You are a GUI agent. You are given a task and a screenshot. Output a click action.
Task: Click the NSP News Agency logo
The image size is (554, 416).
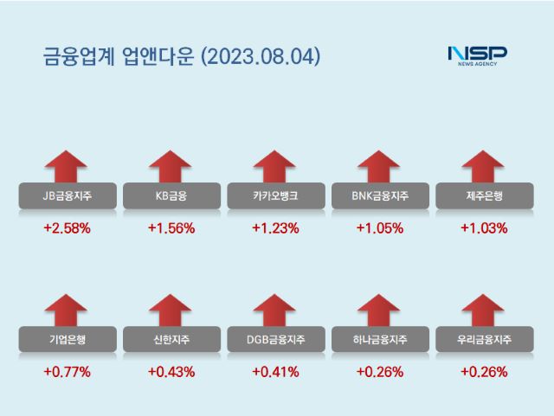click(x=477, y=54)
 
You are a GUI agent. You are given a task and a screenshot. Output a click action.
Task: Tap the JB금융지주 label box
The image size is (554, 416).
click(x=67, y=196)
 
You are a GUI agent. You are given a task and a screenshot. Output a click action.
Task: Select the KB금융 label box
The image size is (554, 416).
click(x=171, y=196)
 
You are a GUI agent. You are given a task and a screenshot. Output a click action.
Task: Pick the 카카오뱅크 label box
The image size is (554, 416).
click(x=275, y=196)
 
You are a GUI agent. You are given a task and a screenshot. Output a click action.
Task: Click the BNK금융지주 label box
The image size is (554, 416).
click(x=379, y=196)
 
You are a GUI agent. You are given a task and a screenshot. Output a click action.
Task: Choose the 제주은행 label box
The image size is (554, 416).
click(x=483, y=196)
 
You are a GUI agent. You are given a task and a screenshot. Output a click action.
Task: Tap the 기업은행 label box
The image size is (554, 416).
click(x=67, y=340)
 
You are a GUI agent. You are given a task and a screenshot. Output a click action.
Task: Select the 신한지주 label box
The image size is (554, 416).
click(x=171, y=340)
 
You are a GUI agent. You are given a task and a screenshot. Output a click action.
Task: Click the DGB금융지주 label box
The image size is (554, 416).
click(x=275, y=340)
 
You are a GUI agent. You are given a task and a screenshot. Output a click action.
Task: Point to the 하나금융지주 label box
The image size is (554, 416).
click(x=379, y=340)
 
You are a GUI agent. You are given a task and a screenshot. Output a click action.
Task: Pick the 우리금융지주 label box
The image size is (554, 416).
click(x=483, y=340)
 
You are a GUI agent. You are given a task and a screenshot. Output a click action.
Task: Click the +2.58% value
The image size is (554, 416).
click(x=67, y=228)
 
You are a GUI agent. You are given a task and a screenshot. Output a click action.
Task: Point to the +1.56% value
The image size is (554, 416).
click(x=171, y=228)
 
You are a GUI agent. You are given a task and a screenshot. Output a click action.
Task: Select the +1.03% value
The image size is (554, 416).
click(x=483, y=228)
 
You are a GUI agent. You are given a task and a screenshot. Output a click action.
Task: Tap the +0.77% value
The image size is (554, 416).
click(x=67, y=372)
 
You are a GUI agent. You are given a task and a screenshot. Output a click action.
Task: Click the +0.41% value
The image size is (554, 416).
click(x=275, y=372)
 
